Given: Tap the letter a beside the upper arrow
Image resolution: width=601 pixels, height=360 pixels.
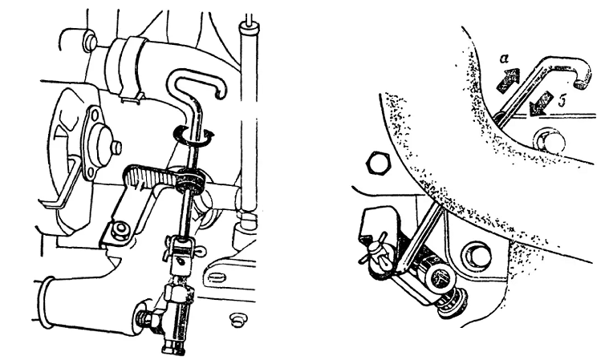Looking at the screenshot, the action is [505, 59].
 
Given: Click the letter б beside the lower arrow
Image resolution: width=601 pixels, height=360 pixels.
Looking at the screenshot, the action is [562, 102].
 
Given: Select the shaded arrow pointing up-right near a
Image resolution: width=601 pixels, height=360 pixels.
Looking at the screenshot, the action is [508, 80].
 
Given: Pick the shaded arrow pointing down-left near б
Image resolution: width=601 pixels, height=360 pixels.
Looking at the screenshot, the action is [541, 103].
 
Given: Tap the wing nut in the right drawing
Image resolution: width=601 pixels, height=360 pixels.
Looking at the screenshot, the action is [374, 253].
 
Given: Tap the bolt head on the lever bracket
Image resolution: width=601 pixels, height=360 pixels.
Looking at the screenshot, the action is [121, 231].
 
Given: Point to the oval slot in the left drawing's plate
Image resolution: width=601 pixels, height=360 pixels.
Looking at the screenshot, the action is [217, 277].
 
